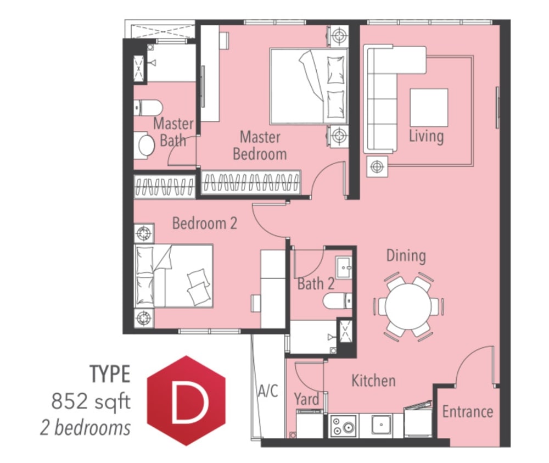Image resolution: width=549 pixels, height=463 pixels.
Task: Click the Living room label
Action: [426, 136]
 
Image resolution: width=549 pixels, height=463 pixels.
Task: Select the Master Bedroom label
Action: [260, 146]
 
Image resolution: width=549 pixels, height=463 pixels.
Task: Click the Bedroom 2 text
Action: [205, 223]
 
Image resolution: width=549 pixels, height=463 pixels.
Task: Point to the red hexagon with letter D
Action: [186, 400]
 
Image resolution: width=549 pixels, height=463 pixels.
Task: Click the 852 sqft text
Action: [91, 401]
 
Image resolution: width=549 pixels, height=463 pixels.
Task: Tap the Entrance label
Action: [467, 411]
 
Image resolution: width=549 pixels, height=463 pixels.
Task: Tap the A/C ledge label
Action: [268, 391]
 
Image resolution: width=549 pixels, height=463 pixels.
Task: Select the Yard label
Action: [306, 399]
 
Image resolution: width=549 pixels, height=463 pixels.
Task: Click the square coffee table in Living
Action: [429, 108]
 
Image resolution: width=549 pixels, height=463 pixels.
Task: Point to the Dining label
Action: [406, 255]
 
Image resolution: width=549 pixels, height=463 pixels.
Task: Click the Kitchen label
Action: [373, 381]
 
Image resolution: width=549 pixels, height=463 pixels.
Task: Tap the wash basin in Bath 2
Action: [344, 268]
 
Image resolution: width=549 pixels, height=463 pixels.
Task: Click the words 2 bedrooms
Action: [85, 428]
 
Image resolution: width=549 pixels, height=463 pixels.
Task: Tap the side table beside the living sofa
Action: [377, 167]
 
